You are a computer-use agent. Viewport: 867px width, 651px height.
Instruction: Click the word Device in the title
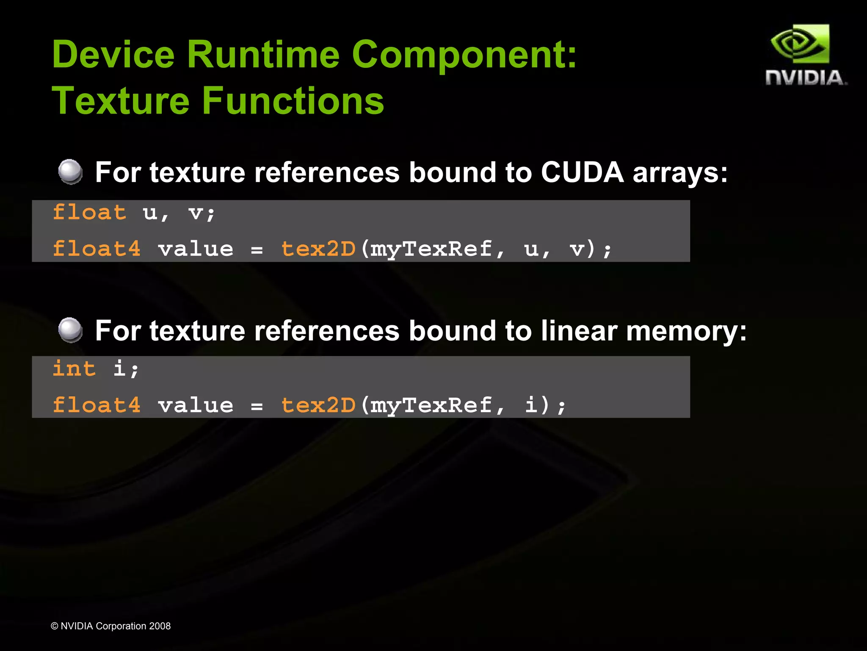click(113, 55)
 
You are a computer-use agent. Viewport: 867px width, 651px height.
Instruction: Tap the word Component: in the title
click(464, 55)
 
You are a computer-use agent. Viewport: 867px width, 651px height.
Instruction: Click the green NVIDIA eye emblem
click(800, 44)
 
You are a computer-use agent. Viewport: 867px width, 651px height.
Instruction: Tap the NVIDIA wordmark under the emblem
click(806, 78)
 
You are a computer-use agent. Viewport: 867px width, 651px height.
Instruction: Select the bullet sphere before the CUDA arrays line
click(70, 172)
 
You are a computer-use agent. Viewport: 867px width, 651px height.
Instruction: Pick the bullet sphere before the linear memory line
click(70, 330)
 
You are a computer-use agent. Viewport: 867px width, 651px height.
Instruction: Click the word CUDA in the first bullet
click(582, 172)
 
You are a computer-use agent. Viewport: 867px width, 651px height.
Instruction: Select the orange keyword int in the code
click(74, 368)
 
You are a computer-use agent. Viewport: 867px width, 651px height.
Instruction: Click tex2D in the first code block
click(318, 249)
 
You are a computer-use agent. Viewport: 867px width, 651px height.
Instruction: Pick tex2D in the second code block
click(318, 405)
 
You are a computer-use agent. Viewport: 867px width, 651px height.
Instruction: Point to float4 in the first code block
click(97, 249)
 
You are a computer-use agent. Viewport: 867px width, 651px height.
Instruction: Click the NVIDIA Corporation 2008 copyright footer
click(110, 626)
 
